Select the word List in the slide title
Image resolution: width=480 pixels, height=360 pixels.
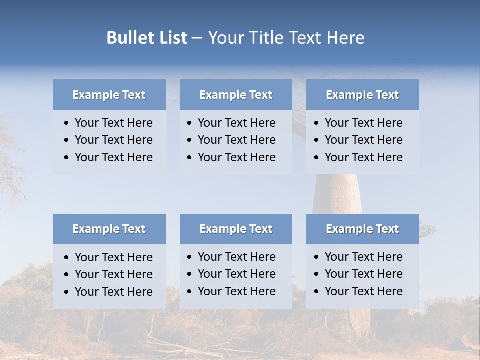tap(171, 38)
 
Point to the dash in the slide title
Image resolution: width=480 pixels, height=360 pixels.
tap(197, 38)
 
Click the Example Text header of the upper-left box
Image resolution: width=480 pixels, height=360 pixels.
tap(109, 95)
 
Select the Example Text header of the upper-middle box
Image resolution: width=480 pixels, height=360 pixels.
tap(236, 95)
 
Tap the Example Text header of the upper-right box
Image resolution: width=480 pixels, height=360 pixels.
tap(362, 95)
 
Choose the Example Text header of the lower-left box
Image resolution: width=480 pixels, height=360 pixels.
tap(109, 229)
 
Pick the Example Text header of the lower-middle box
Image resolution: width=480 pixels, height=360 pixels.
tap(236, 229)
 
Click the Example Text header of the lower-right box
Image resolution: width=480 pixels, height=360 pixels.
tap(362, 229)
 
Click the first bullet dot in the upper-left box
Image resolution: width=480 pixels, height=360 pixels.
tap(67, 123)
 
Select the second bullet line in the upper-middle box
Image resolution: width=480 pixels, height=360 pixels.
tap(236, 140)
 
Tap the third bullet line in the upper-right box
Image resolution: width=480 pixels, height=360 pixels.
tap(363, 157)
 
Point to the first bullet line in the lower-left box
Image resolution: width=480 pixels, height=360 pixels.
tap(113, 257)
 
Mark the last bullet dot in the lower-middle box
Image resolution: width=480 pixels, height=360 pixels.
tap(190, 291)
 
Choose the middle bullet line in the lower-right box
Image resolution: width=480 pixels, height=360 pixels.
tap(363, 274)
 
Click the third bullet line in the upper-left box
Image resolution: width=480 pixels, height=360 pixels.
tap(113, 157)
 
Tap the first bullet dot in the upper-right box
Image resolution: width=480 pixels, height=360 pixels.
tap(317, 123)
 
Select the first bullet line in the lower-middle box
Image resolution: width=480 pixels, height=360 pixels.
tap(236, 257)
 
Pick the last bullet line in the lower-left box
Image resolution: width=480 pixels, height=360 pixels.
tap(113, 292)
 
